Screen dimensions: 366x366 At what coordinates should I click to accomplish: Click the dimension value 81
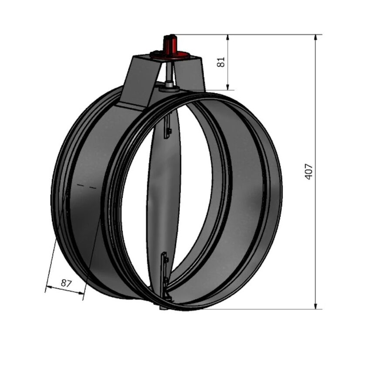(221, 62)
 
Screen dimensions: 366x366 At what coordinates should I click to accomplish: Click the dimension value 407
(309, 172)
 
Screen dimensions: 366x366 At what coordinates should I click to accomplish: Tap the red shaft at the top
(169, 44)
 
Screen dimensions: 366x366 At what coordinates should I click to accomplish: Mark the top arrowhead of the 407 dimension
(315, 37)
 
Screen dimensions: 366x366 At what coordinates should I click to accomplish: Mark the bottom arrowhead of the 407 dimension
(315, 306)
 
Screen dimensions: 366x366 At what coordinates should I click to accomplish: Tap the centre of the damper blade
(166, 196)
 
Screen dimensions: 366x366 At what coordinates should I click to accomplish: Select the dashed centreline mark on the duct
(86, 186)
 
